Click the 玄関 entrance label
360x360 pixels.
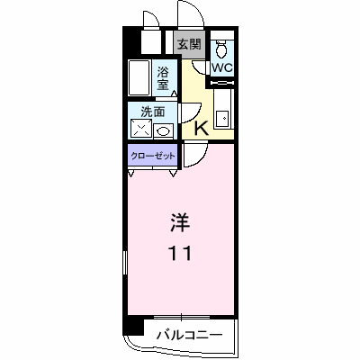pos(189,43)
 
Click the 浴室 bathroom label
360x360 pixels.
pos(165,77)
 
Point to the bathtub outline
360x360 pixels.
pos(139,77)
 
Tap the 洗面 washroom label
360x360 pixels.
pos(152,112)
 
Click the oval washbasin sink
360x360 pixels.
pos(164,130)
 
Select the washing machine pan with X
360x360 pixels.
pos(142,130)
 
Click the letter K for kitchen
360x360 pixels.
pos(202,129)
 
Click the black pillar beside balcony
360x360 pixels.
pos(132,326)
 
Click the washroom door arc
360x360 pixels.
pos(191,112)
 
